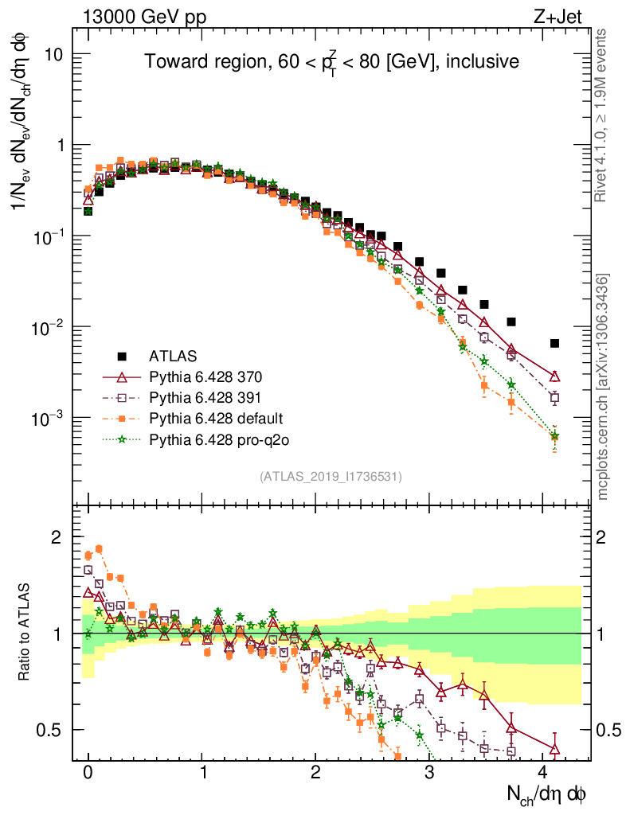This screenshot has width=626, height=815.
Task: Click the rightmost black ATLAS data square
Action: [554, 343]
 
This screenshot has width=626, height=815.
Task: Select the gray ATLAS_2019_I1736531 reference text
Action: [331, 477]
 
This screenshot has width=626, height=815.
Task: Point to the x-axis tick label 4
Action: [543, 771]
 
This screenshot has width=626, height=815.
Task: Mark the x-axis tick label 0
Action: [88, 771]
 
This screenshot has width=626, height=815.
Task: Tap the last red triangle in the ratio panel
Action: [554, 749]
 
